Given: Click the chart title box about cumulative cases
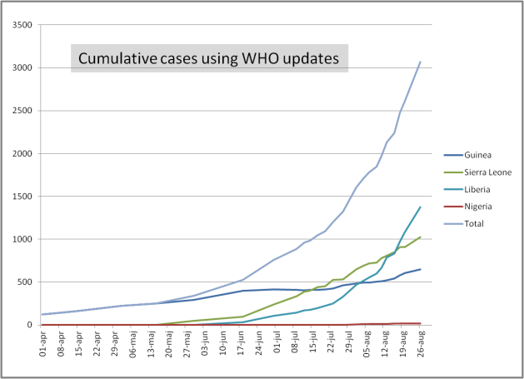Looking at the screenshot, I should (x=209, y=58).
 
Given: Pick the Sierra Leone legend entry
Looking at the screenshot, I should (x=487, y=171).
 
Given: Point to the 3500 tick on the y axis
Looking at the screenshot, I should (x=21, y=25).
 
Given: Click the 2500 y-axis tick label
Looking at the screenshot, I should (x=21, y=111).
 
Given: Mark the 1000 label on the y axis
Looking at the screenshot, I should (x=21, y=239).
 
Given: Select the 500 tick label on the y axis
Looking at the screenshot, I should (x=23, y=282).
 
